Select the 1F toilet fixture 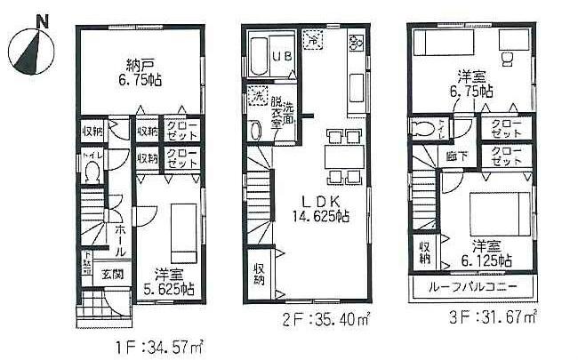point(91,173)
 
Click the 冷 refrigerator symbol point(313,39)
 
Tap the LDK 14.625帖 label point(316,209)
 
